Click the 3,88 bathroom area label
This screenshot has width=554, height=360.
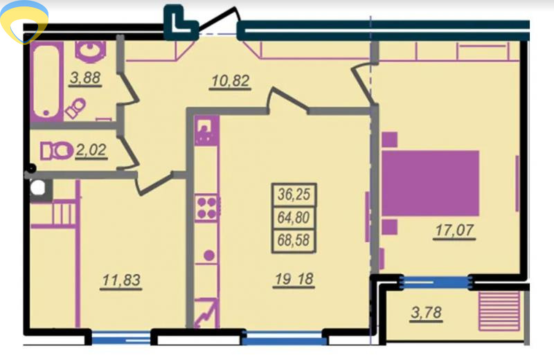click(85, 78)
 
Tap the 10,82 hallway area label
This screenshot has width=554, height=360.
click(231, 81)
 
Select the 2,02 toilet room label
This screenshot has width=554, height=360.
click(91, 150)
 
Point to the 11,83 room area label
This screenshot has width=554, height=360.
click(121, 280)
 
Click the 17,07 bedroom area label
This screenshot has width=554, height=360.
click(454, 231)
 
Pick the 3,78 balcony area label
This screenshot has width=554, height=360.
click(427, 313)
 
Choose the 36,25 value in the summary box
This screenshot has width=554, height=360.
click(294, 195)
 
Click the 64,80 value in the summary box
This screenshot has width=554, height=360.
click(294, 217)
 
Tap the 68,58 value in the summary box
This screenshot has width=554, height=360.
click(294, 240)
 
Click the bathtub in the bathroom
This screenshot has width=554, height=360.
click(46, 81)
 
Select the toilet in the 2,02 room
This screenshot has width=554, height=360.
click(56, 151)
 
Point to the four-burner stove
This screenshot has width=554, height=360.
click(206, 208)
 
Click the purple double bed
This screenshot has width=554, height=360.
click(430, 183)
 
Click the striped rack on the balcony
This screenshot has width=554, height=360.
click(499, 311)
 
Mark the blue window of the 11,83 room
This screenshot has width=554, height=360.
click(121, 338)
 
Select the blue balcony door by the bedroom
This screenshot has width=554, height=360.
click(436, 282)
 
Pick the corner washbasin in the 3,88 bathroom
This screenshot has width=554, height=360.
click(91, 51)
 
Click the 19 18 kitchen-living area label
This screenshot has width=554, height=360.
click(294, 279)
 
